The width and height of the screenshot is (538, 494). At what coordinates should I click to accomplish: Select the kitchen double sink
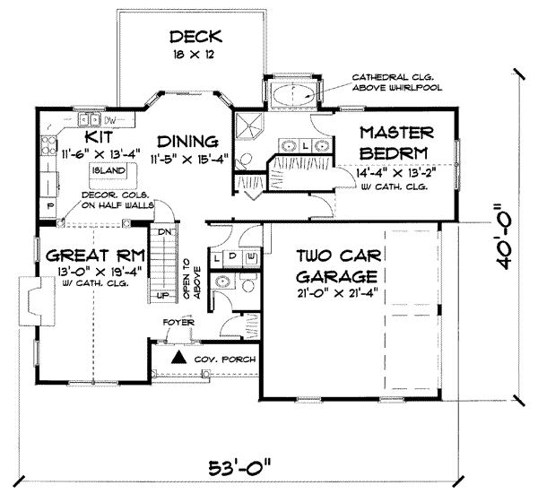click(x=90, y=119)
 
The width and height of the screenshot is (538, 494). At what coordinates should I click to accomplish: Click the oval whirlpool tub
click(x=290, y=95)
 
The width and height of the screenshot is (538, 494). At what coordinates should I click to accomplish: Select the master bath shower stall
click(x=247, y=125)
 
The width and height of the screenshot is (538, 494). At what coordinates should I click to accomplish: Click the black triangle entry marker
click(x=178, y=357)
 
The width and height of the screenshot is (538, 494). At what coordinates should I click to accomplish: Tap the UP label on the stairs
click(x=162, y=294)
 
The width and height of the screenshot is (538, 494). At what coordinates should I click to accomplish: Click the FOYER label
click(x=177, y=320)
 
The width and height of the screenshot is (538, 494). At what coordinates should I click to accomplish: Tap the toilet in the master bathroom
click(x=260, y=161)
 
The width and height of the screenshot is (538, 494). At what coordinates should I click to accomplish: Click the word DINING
click(x=188, y=141)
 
